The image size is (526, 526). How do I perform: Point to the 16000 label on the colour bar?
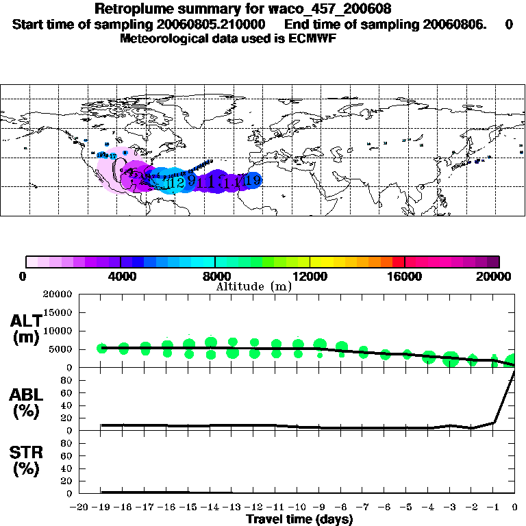405,277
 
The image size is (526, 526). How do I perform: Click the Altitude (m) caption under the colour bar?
253,286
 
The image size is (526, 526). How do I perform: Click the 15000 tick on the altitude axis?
58,312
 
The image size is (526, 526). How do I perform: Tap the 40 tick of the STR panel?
67,468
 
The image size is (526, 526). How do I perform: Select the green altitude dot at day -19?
102,348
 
